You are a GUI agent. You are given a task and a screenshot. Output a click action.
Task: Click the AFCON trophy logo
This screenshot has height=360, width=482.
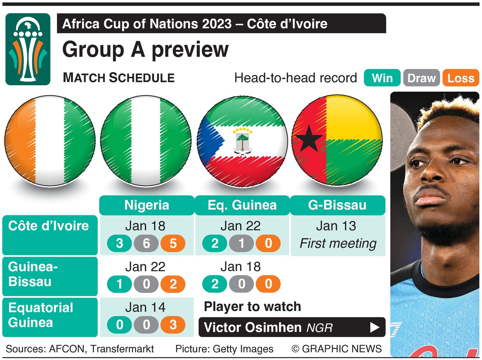tap(28, 49)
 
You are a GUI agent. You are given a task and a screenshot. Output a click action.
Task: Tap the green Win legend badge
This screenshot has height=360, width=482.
tap(382, 78)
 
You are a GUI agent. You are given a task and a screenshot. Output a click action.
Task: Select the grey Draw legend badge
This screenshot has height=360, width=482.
tap(421, 78)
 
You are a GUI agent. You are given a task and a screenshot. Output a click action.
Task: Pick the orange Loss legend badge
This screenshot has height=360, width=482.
tap(461, 78)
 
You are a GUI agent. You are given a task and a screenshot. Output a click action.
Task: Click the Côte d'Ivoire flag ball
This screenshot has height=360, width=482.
tap(50, 140)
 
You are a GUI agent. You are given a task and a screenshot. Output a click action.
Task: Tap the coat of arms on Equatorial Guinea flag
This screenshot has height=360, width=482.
tap(242, 141)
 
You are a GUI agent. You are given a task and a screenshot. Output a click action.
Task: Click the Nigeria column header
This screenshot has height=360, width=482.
tap(147, 205)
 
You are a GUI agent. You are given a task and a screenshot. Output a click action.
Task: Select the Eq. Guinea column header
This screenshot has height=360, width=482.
tap(242, 205)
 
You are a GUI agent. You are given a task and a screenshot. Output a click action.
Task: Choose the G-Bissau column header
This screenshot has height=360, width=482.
tap(337, 205)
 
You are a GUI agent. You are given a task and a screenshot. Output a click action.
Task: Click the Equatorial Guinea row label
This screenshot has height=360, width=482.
tap(41, 315)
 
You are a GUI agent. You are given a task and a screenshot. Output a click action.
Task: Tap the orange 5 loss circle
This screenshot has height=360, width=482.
tap(173, 244)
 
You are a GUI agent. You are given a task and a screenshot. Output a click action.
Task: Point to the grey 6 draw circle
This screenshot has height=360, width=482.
tap(146, 244)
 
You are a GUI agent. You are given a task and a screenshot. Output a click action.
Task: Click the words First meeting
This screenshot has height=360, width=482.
tap(338, 244)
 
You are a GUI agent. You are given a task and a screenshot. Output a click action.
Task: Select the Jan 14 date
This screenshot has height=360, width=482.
tap(145, 307)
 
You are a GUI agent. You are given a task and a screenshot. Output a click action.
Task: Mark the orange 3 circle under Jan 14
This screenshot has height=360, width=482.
tap(173, 325)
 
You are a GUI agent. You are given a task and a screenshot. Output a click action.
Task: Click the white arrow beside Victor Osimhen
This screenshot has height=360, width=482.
tap(375, 327)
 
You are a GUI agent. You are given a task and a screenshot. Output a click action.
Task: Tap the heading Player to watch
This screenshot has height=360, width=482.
tap(252, 306)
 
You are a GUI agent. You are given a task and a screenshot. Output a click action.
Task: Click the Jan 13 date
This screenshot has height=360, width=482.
tap(336, 226)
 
